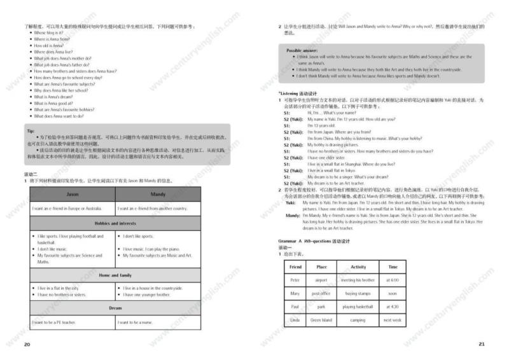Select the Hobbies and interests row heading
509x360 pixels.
coord(115,223)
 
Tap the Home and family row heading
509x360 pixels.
coord(115,275)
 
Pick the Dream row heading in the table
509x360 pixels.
coord(115,308)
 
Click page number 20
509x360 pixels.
coord(27,344)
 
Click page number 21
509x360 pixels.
coord(481,344)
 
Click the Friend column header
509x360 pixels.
coord(295,267)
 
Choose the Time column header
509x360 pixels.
coord(393,267)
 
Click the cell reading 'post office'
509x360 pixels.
coord(321,293)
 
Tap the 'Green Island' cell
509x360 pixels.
coord(321,320)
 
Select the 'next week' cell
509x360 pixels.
coord(393,320)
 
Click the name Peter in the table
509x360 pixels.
coord(295,280)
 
